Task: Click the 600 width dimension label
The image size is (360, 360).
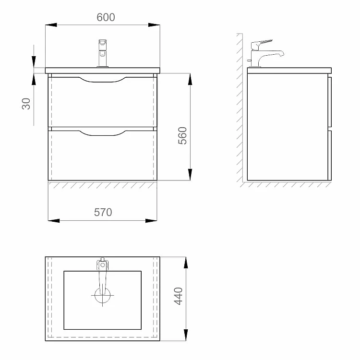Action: pos(106,17)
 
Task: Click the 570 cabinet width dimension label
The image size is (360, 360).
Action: pos(103,212)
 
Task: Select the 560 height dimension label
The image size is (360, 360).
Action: pos(182,135)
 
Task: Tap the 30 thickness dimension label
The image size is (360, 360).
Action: pos(26,104)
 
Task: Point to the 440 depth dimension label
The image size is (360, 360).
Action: pos(179,296)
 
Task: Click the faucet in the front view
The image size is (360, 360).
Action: pos(103,53)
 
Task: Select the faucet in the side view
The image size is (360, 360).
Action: pos(265,54)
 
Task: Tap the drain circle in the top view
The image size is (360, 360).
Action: pos(102,296)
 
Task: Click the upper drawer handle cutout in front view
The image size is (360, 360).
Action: pos(102,79)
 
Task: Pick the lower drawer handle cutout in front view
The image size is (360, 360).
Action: pos(102,133)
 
